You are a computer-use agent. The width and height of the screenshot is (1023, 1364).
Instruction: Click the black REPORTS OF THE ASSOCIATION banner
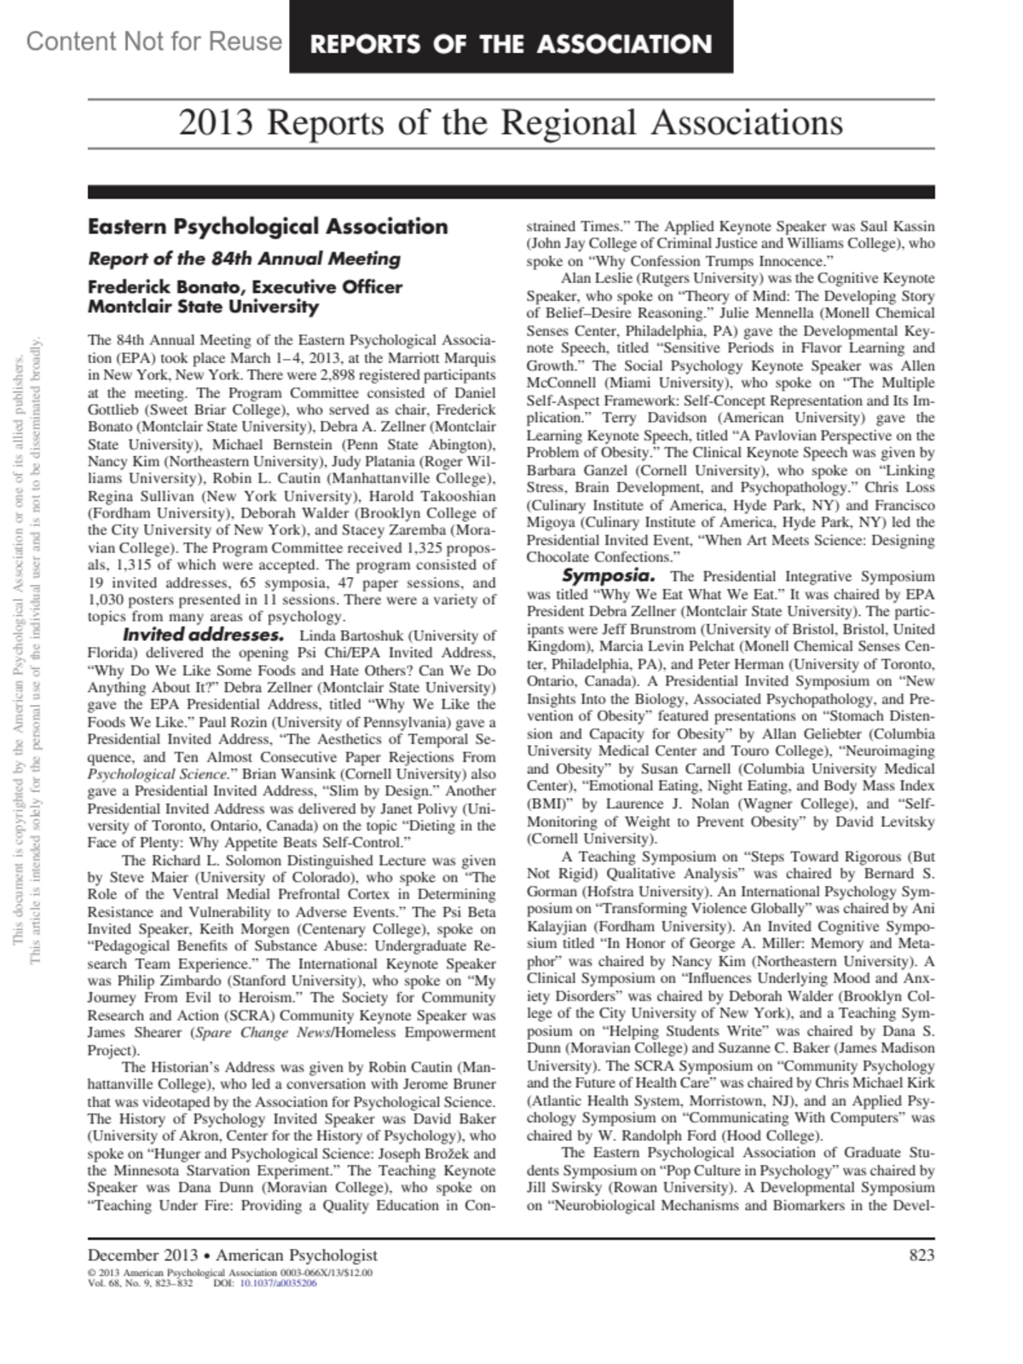pos(511,43)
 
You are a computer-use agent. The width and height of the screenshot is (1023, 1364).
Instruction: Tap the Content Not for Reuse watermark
pos(153,41)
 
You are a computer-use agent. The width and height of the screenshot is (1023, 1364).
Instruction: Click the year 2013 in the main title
pos(216,124)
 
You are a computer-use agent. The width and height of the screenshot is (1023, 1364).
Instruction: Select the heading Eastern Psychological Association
pos(268,227)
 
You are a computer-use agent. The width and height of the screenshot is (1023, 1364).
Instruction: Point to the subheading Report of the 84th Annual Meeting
pos(244,258)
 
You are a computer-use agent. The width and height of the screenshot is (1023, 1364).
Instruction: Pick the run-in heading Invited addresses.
pos(203,635)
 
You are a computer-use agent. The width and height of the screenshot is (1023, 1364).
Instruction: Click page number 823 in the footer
pos(921,1255)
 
